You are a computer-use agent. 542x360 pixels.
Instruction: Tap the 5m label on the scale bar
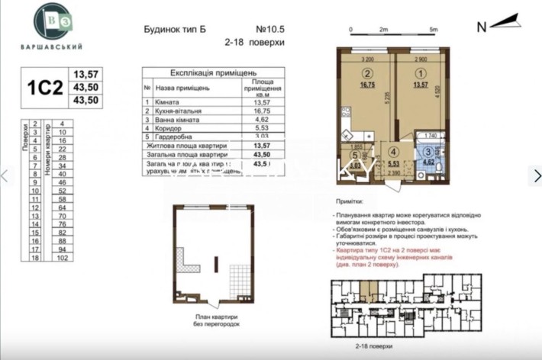pyautogui.click(x=433, y=29)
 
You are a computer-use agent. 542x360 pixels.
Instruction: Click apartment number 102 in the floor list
pyautogui.click(x=63, y=258)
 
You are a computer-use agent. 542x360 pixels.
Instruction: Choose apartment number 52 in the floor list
pyautogui.click(x=63, y=191)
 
